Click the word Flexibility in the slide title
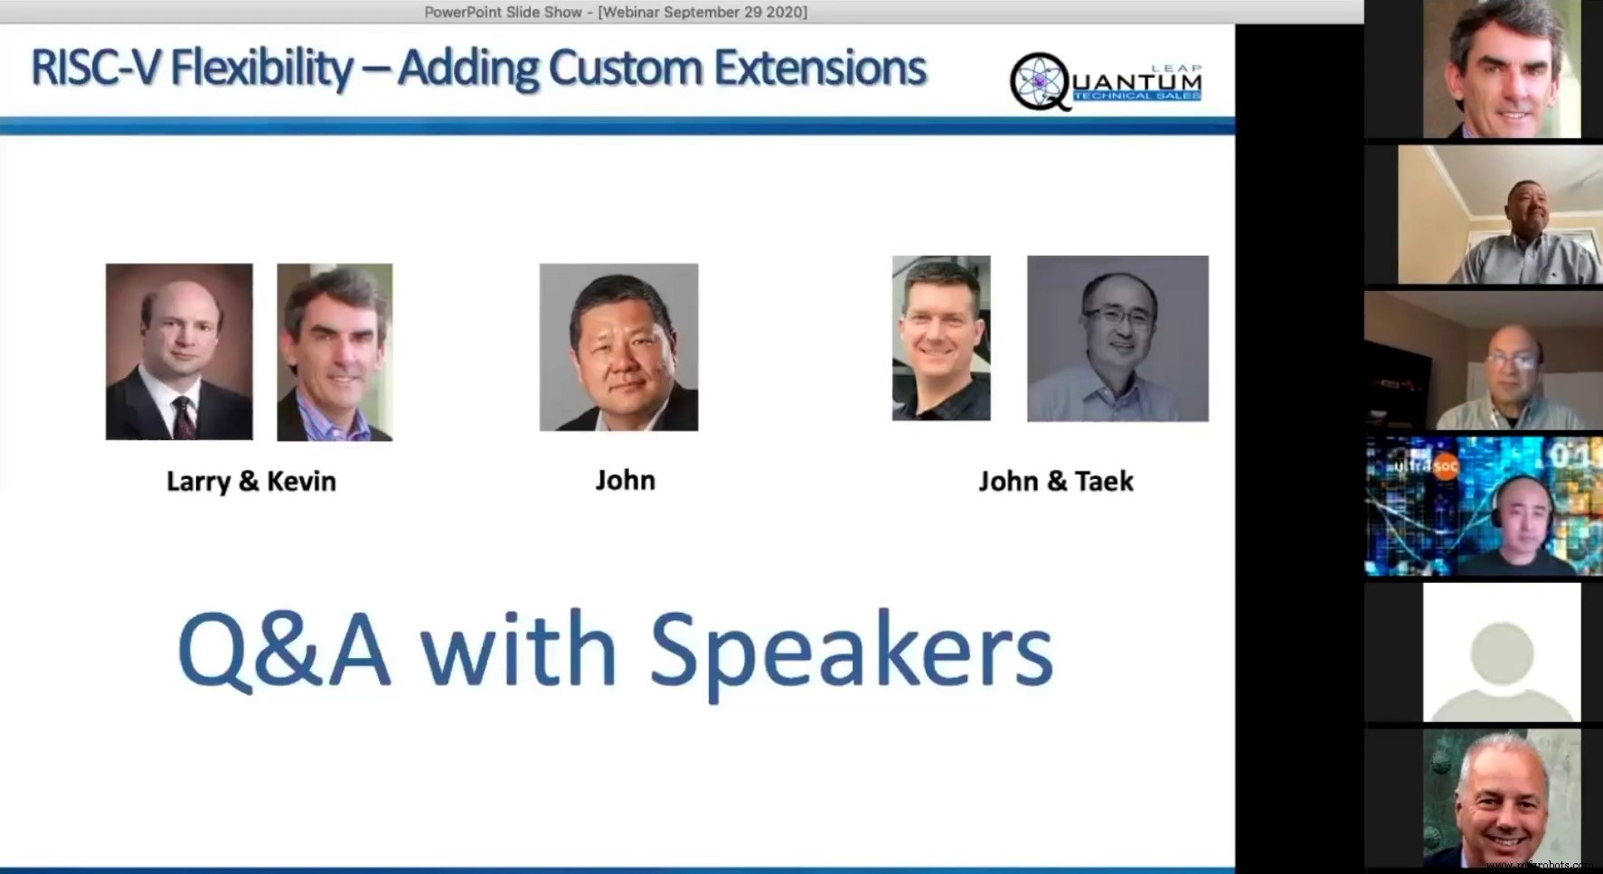click(261, 68)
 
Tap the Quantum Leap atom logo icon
click(1039, 81)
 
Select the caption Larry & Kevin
click(250, 481)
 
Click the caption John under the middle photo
click(625, 480)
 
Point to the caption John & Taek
click(1055, 481)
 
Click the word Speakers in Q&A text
click(851, 651)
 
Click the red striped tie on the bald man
click(184, 416)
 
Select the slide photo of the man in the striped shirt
click(335, 352)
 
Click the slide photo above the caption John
click(618, 347)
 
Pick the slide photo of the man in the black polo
click(940, 338)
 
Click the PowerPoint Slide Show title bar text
click(616, 12)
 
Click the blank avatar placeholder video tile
click(1501, 652)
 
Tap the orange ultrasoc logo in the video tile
click(1446, 466)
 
